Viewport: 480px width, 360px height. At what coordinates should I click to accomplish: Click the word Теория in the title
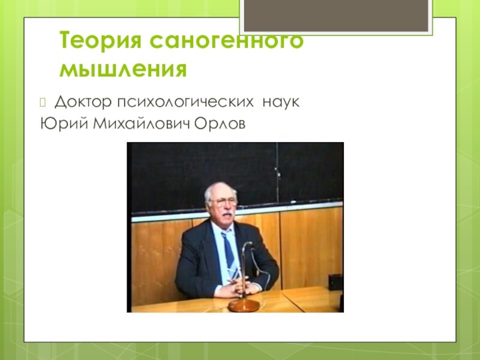click(100, 40)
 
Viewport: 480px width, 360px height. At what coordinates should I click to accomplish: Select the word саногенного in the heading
click(227, 41)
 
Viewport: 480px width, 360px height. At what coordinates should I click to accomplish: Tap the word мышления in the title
click(123, 69)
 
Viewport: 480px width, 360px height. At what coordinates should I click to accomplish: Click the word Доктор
click(83, 102)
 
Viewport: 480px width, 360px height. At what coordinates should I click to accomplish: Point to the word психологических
click(185, 102)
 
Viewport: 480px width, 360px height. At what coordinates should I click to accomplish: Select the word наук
click(281, 103)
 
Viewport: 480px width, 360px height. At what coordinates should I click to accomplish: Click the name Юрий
click(64, 124)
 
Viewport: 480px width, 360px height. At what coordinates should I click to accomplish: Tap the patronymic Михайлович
click(142, 124)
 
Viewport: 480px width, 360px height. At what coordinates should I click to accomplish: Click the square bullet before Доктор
click(43, 103)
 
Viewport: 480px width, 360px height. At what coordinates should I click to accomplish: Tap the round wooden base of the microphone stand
click(244, 305)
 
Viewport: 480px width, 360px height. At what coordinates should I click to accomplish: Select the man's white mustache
click(227, 213)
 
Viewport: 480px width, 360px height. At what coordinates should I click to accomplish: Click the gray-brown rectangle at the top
click(336, 16)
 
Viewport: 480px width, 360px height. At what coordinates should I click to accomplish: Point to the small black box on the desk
click(335, 282)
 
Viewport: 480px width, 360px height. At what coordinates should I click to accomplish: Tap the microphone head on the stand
click(249, 244)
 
